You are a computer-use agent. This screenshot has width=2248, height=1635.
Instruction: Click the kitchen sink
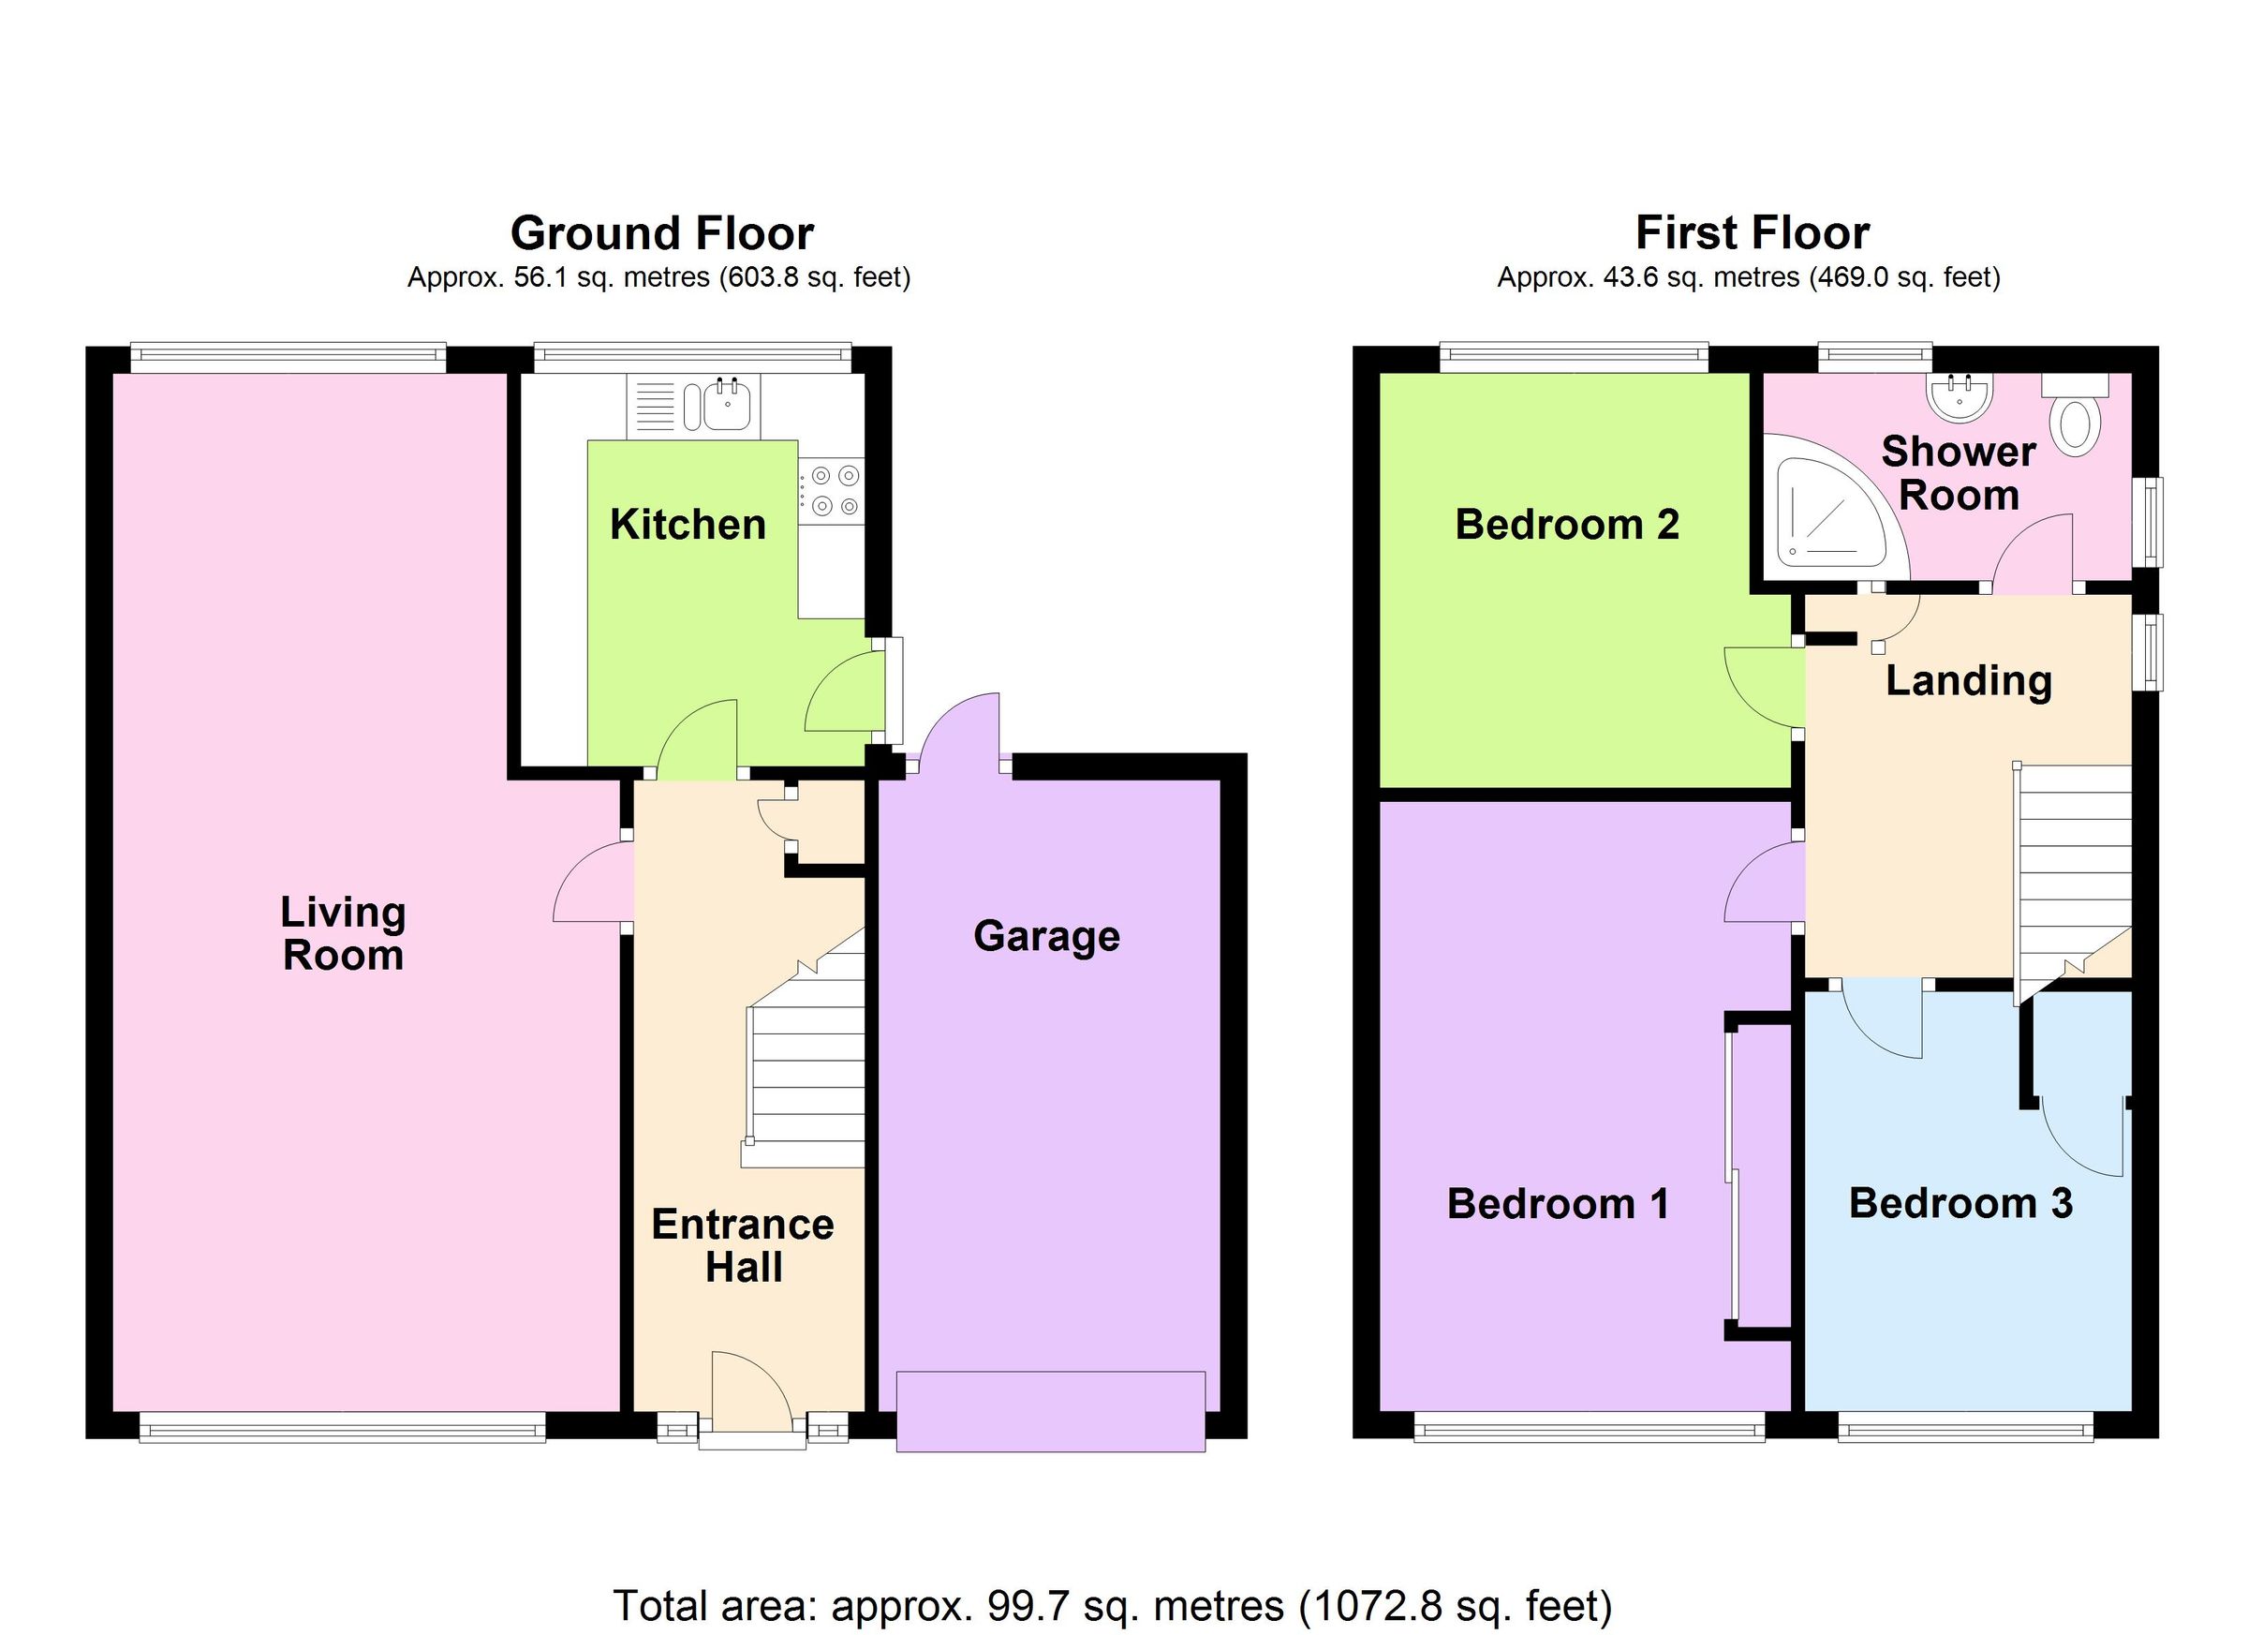tap(729, 406)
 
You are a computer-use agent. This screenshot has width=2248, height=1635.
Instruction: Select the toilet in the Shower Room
tap(2078, 418)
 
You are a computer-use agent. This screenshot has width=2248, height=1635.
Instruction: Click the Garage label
tap(1046, 936)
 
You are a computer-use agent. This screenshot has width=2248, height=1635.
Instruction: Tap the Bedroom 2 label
tap(1567, 525)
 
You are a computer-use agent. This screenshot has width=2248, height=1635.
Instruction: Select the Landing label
tap(1969, 681)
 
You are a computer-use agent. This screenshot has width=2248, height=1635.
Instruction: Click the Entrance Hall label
tap(744, 1246)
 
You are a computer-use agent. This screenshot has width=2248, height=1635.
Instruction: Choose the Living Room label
tap(343, 934)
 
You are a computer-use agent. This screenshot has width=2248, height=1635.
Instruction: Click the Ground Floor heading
tap(661, 234)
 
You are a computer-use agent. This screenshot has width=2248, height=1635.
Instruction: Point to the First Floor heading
tap(1753, 234)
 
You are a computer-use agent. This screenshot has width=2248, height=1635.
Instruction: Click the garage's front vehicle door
tap(1051, 1412)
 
